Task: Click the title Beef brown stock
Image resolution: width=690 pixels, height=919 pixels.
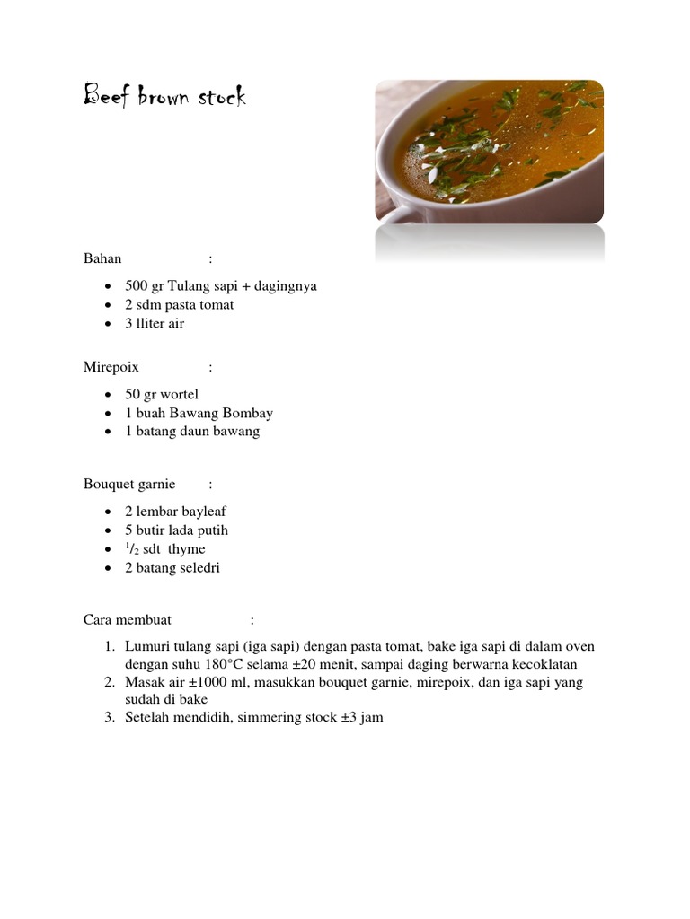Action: (x=164, y=96)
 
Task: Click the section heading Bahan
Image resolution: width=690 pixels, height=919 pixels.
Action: (x=102, y=258)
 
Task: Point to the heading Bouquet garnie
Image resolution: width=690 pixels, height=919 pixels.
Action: (x=129, y=485)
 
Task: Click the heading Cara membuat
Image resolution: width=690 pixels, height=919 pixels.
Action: (x=128, y=619)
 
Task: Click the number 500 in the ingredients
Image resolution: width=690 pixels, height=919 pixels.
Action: (x=137, y=286)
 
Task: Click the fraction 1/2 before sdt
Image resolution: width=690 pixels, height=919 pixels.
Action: (x=133, y=548)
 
